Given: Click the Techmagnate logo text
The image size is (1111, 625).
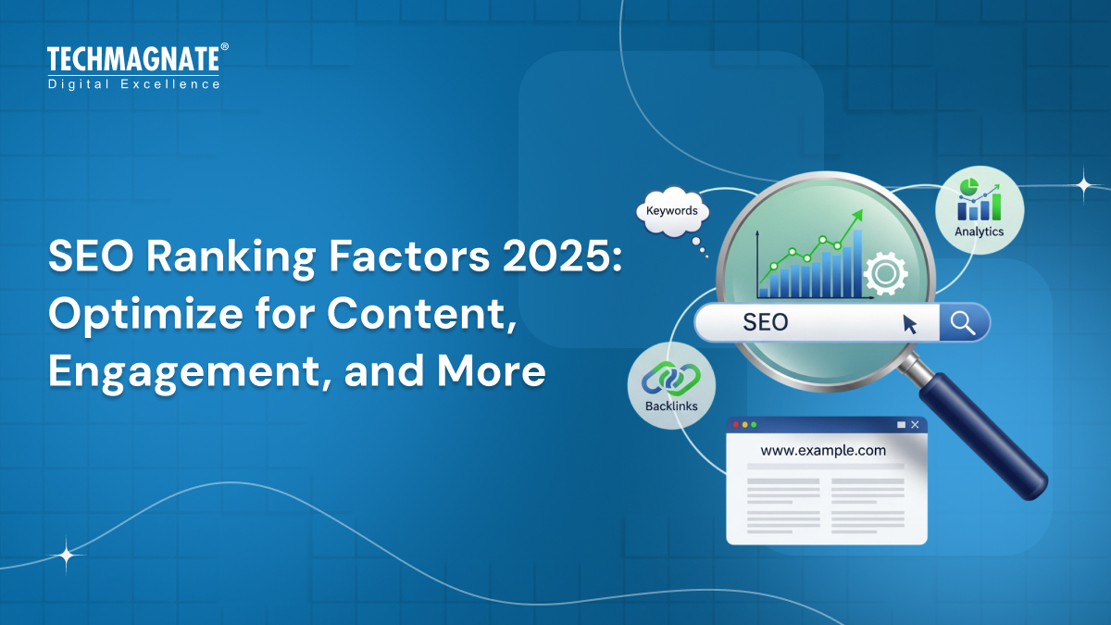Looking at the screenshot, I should pos(132,60).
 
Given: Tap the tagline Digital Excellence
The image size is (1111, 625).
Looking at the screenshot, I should pos(134,84).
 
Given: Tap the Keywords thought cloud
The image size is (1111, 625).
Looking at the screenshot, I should pos(672,211).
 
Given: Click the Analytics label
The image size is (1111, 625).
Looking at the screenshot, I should pos(979,231).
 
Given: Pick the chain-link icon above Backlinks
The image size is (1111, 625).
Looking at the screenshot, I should pos(671,378).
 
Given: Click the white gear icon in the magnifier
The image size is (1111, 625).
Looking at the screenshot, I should pos(885,273).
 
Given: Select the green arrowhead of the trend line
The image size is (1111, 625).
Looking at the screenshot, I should pos(856,215).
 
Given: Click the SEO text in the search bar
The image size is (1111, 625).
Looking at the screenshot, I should pos(766,322).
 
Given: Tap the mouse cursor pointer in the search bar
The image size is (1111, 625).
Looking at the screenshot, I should pos(910,323).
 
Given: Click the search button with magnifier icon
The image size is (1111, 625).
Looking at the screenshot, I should pos(964,322).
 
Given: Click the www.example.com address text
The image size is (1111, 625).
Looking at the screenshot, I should pos(822,451).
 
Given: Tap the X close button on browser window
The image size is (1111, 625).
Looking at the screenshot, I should pos(916,424).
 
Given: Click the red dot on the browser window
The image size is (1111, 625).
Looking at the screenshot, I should pos(736,424).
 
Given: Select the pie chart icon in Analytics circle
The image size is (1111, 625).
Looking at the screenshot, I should pos(969,188).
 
